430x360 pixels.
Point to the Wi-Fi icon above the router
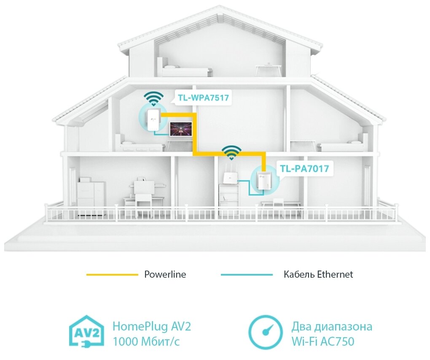[231, 152]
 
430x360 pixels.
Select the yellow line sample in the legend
[112, 275]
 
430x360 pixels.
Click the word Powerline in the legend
[165, 275]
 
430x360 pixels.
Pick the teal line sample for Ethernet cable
[247, 275]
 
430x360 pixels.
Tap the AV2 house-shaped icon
[86, 333]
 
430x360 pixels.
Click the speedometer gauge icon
[265, 333]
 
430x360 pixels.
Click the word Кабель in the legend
[298, 275]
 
